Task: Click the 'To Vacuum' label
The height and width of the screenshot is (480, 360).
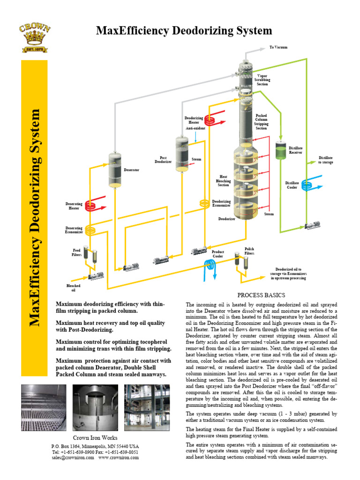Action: (x=278, y=48)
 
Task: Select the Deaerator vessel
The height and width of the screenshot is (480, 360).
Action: (x=115, y=169)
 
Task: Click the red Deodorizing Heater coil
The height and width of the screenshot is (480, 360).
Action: (x=216, y=120)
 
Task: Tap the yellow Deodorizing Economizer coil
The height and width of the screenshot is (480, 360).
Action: (x=204, y=203)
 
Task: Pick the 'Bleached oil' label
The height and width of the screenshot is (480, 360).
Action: (x=73, y=288)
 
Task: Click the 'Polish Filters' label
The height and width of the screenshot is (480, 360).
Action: (x=249, y=251)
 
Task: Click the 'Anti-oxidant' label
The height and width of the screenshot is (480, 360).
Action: (x=195, y=128)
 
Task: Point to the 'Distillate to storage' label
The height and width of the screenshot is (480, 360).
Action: (x=326, y=160)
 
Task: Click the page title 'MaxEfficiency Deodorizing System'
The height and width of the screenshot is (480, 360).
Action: (x=184, y=31)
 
